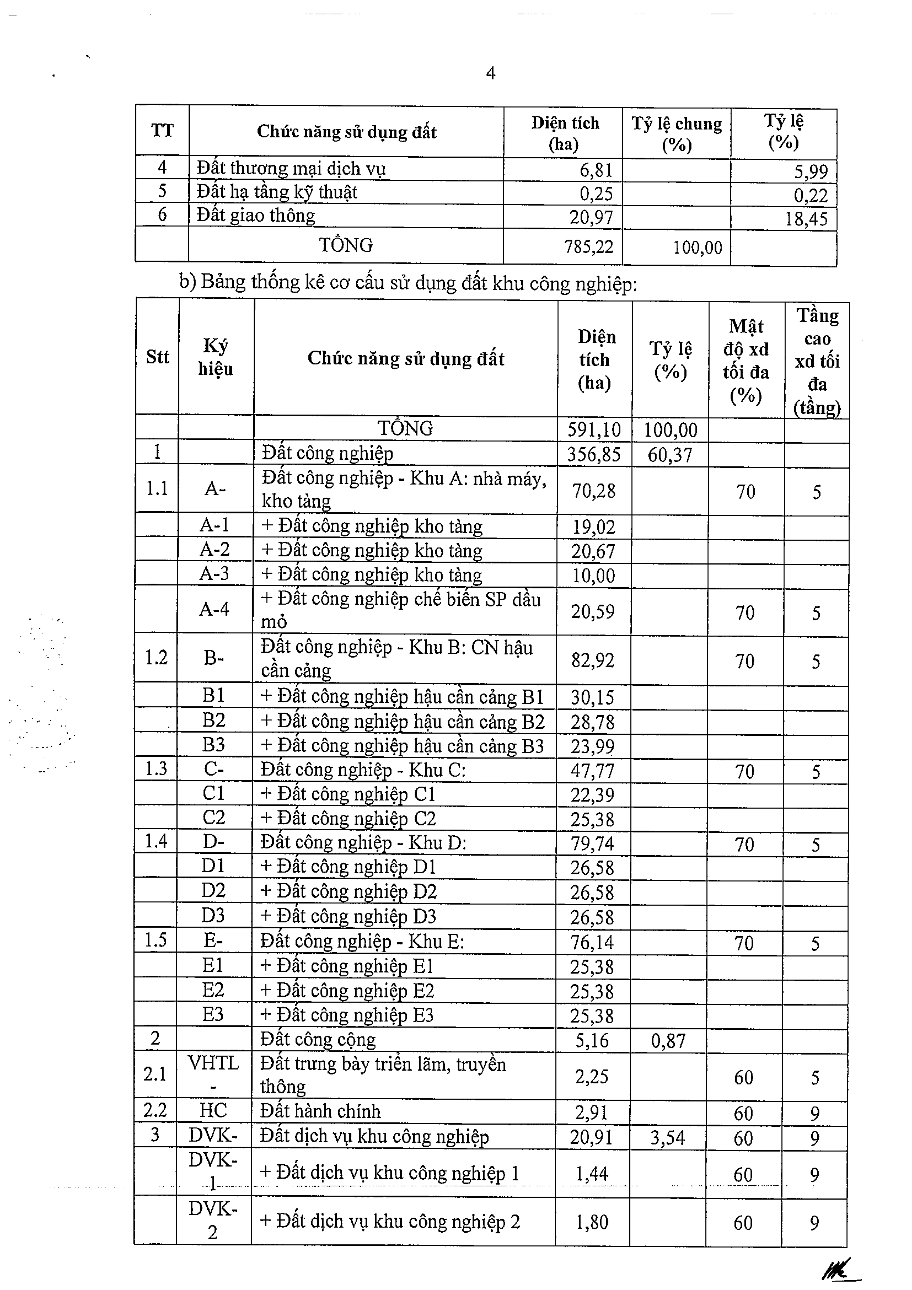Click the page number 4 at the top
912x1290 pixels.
(x=491, y=74)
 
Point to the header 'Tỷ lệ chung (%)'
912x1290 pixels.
(x=676, y=134)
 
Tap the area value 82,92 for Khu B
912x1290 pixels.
(x=593, y=660)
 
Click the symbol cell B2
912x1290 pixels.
(x=214, y=720)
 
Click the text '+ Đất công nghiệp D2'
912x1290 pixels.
(x=348, y=892)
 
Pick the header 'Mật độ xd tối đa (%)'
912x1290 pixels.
(x=746, y=361)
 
